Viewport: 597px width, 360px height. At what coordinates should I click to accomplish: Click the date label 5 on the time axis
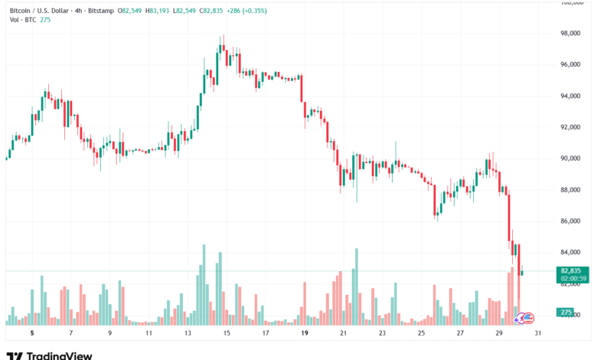(31, 334)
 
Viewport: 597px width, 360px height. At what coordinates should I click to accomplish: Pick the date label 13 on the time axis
(188, 334)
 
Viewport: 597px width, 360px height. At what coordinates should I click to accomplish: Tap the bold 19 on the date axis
(305, 334)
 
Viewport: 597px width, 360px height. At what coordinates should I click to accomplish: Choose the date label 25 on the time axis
(422, 334)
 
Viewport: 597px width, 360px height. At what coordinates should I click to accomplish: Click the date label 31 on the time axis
(539, 334)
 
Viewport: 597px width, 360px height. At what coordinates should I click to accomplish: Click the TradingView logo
(49, 355)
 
